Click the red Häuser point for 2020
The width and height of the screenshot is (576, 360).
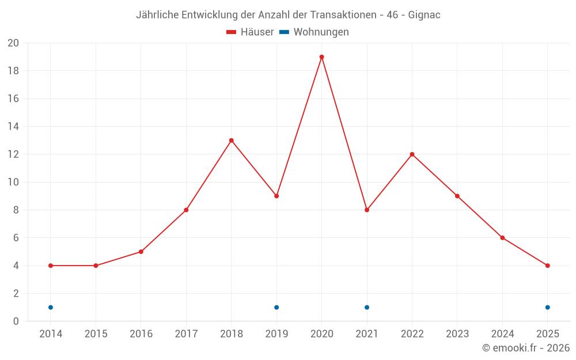coord(321,57)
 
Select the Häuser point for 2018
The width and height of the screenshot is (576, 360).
coord(232,141)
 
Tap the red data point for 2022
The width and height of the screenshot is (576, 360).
coord(412,154)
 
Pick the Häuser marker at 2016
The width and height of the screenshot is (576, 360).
coord(141,252)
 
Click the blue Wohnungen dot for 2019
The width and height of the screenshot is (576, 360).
coord(276,307)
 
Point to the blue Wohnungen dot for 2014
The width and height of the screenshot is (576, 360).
coord(51,307)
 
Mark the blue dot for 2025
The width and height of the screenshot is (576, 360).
coord(547,307)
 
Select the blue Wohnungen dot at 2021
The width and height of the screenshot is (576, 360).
coord(367,307)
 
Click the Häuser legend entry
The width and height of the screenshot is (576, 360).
coord(250,32)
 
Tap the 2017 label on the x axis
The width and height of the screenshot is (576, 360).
coord(186,334)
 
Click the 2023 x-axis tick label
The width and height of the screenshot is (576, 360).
coord(457,334)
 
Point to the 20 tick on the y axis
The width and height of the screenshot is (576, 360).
coord(13,43)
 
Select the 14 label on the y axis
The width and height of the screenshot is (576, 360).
coord(13,127)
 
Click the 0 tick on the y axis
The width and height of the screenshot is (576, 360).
coord(16,321)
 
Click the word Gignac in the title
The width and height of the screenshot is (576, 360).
coord(424,15)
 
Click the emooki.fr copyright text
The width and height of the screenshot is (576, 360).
coord(526,348)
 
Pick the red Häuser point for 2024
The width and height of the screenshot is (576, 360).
coord(502,238)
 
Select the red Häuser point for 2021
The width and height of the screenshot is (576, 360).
coord(367,210)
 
